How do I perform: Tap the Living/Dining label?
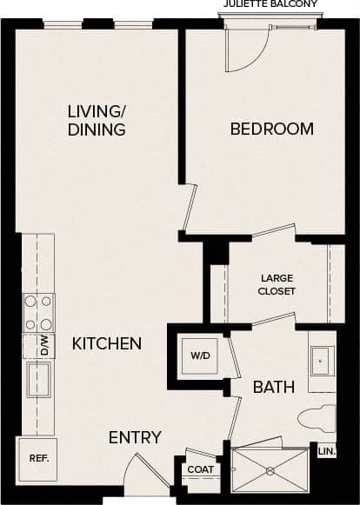[97, 121]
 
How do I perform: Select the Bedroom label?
[271, 130]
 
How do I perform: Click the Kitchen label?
[106, 344]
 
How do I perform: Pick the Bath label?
[273, 387]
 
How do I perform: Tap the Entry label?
[135, 437]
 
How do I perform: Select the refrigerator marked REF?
[38, 457]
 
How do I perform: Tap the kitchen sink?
[38, 379]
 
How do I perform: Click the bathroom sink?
[321, 360]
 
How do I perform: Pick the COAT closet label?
[200, 469]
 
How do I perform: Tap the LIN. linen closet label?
[326, 451]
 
